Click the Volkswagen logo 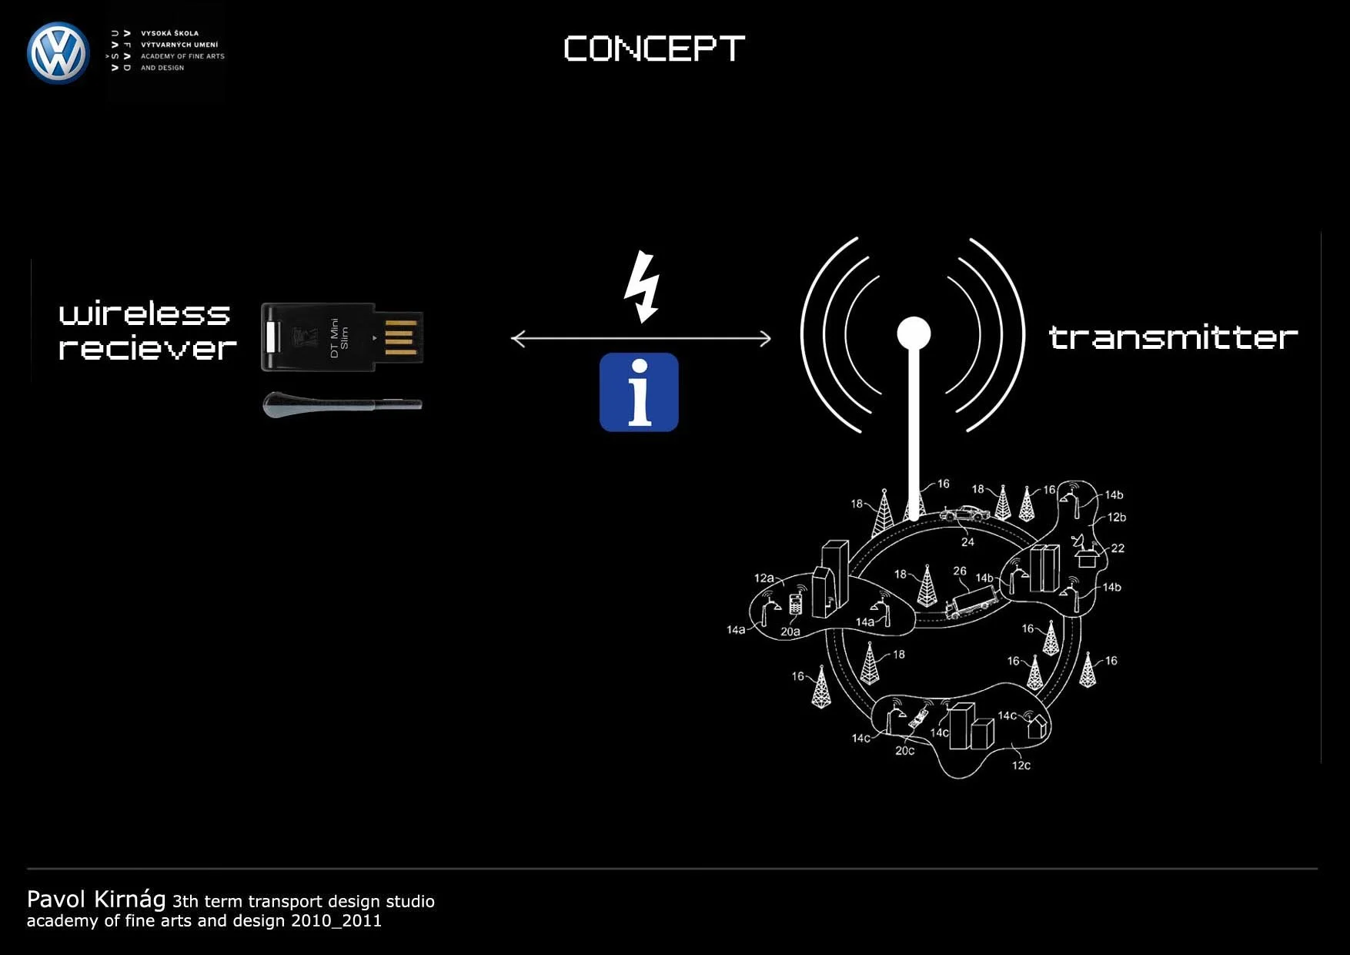tap(58, 53)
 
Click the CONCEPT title tap(654, 49)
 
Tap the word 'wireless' tap(145, 313)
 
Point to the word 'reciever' tap(147, 348)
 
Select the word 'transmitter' tap(1173, 337)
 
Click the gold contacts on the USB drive tap(400, 337)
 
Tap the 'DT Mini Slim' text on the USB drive tap(339, 337)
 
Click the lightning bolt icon tap(641, 286)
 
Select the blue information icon tap(639, 392)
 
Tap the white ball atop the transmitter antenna tap(914, 334)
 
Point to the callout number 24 tap(967, 542)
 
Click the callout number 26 tap(959, 571)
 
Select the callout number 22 tap(1118, 548)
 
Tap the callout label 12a tap(764, 578)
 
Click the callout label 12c tap(1021, 766)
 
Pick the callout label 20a tap(790, 632)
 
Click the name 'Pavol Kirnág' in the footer tap(96, 900)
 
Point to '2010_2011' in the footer tap(336, 921)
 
